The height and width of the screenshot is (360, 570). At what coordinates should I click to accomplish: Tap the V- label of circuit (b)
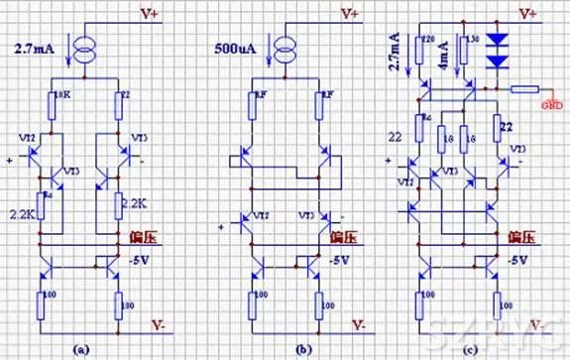click(354, 324)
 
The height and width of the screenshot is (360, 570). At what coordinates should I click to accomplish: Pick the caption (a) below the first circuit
click(83, 347)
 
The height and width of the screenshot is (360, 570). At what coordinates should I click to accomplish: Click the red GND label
click(552, 100)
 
